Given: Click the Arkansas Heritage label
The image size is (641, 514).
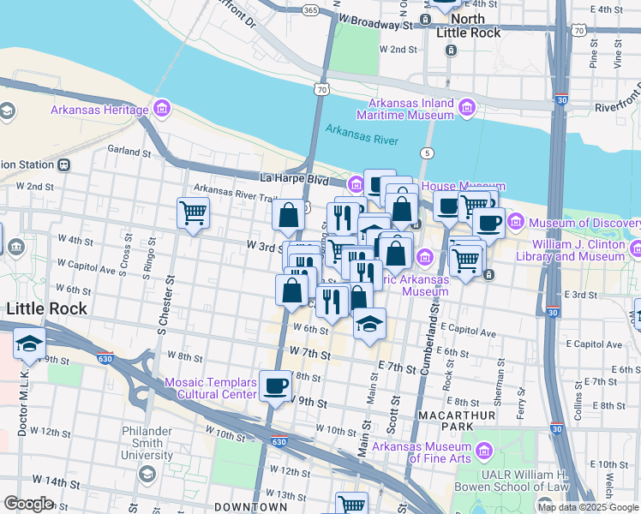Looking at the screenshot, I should pyautogui.click(x=99, y=110).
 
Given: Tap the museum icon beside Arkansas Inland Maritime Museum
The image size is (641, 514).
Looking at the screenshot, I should pyautogui.click(x=466, y=108).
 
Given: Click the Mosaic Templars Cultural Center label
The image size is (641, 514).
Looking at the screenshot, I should pyautogui.click(x=210, y=388).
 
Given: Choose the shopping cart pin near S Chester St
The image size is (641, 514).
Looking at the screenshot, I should pyautogui.click(x=193, y=212).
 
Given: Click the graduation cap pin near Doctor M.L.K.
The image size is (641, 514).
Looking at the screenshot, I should pyautogui.click(x=29, y=344).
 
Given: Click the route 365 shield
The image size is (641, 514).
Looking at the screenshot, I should pyautogui.click(x=311, y=10).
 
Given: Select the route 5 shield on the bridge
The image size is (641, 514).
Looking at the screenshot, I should pyautogui.click(x=426, y=152).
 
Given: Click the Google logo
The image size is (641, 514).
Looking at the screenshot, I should pyautogui.click(x=28, y=504).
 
